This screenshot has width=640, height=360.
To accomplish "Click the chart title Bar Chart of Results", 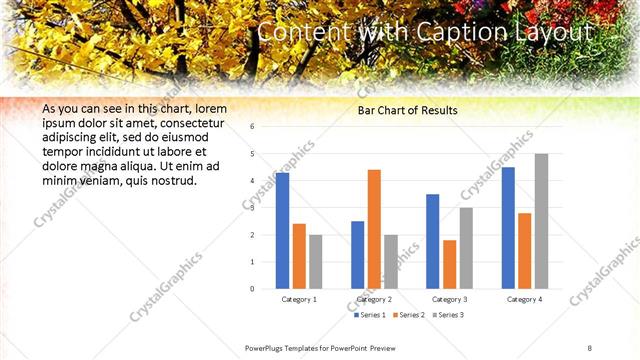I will coord(408,110).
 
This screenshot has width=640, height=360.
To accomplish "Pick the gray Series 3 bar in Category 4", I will coord(541,221).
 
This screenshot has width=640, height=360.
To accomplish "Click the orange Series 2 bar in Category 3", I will coord(449,264).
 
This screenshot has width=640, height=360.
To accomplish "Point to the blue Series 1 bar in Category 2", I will coord(358,255).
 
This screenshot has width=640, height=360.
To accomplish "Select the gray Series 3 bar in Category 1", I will coord(315,262).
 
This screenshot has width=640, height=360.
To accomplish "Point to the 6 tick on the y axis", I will coord(252,127).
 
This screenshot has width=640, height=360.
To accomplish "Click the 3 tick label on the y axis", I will coord(252,208).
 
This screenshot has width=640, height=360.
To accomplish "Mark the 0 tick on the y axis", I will coord(252,289).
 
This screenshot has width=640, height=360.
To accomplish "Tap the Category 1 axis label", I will coord(299,299).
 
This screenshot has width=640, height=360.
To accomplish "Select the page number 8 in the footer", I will coord(590,348).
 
